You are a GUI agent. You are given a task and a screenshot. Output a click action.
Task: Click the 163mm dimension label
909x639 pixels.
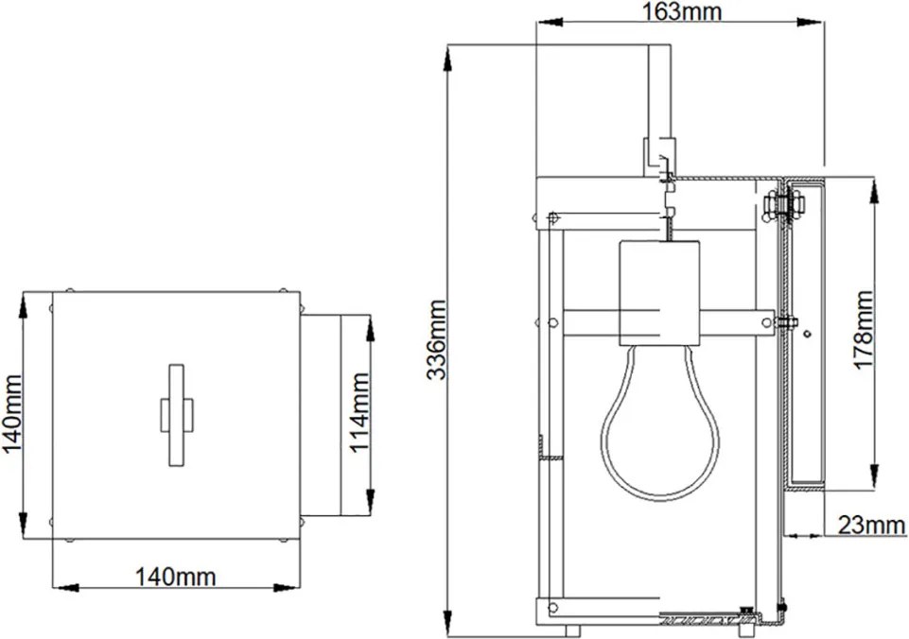[x=682, y=11]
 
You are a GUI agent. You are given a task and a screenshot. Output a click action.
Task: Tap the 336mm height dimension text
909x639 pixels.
[x=436, y=340]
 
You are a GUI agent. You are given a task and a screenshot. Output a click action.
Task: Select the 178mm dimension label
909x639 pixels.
[x=863, y=330]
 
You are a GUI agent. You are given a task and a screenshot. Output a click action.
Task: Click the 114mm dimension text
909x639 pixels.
[x=359, y=412]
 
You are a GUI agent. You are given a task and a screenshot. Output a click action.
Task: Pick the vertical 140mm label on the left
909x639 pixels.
[x=11, y=415]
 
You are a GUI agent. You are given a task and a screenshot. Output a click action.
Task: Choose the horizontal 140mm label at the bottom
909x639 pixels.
[x=175, y=577]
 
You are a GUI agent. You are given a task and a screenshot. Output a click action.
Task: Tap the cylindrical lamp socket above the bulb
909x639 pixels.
[x=659, y=293]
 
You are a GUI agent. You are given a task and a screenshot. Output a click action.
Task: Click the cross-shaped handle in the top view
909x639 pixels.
[x=176, y=415]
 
